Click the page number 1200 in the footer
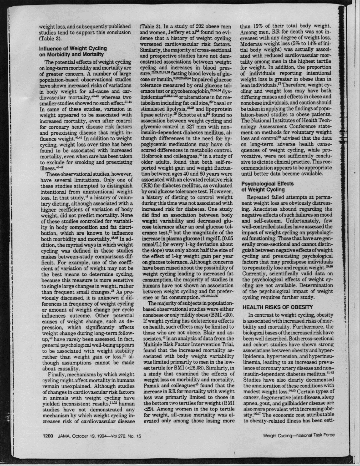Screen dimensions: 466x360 pyautogui.click(x=48, y=436)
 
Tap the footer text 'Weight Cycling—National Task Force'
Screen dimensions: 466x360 pyautogui.click(x=299, y=435)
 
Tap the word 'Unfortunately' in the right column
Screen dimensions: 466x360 pyautogui.click(x=299, y=221)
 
